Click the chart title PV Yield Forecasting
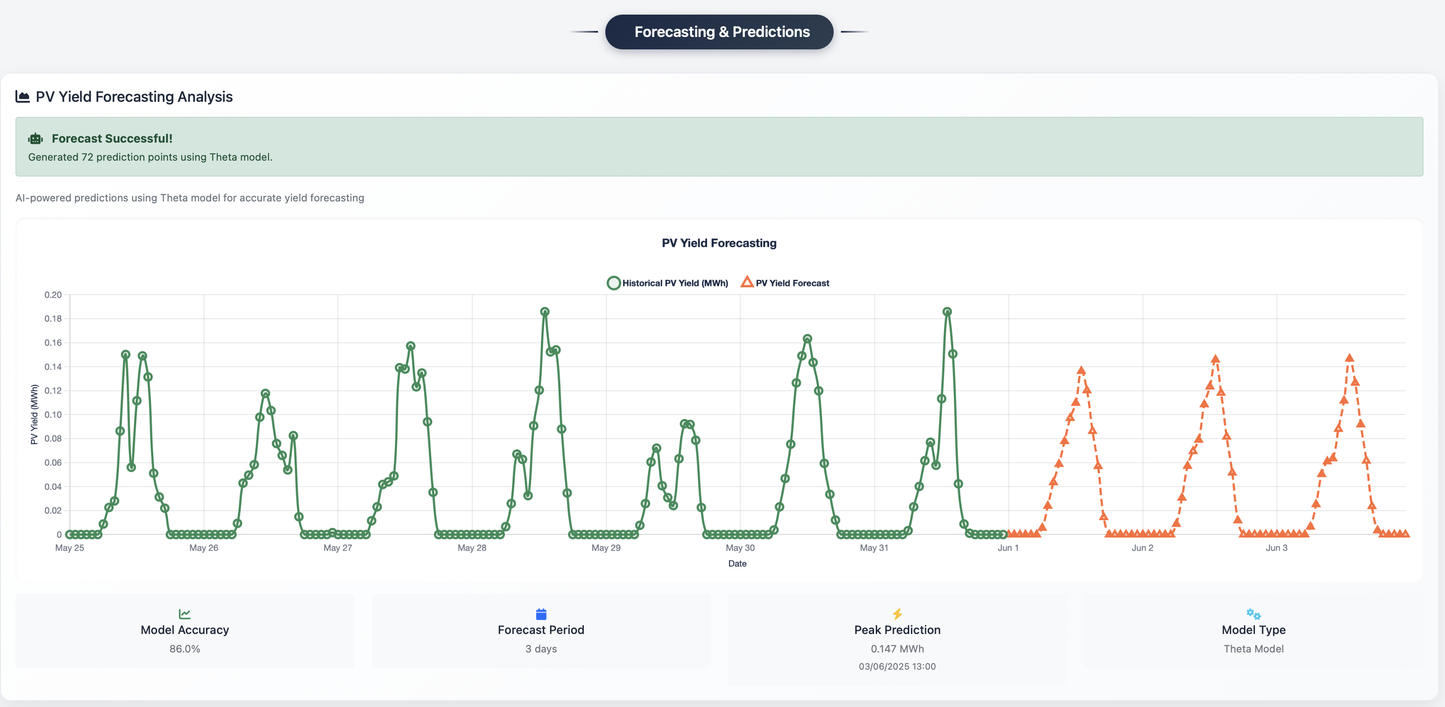click(x=719, y=243)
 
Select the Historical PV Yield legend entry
click(x=668, y=283)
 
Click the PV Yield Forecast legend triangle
click(x=747, y=282)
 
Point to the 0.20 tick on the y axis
click(x=53, y=295)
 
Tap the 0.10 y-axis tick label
click(x=53, y=414)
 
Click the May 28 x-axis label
click(x=471, y=548)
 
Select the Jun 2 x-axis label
click(x=1141, y=548)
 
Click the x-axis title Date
click(x=737, y=564)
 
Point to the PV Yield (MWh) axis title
click(x=34, y=414)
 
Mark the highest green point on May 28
click(x=544, y=312)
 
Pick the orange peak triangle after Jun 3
click(x=1349, y=358)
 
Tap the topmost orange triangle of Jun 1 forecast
click(x=1081, y=370)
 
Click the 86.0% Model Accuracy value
click(x=185, y=649)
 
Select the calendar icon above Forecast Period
click(x=541, y=614)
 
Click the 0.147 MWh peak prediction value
click(x=896, y=649)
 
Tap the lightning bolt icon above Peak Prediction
click(x=897, y=614)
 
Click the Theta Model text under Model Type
click(x=1253, y=649)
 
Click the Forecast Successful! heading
click(x=112, y=139)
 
